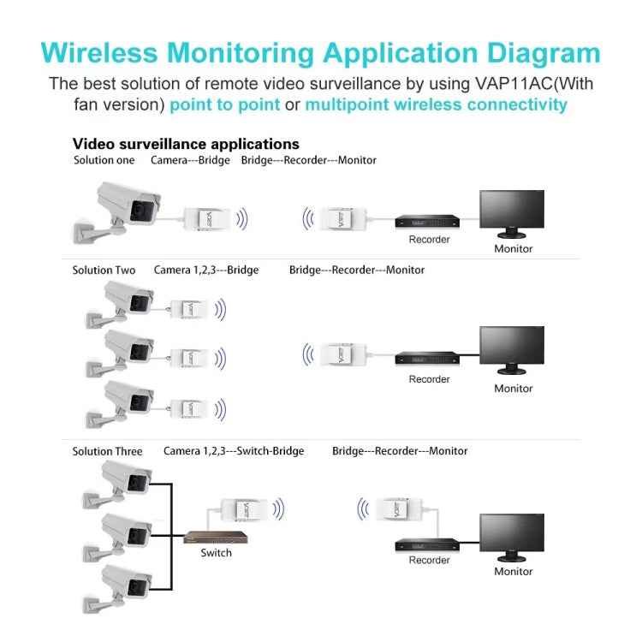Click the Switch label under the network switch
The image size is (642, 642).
coord(216,553)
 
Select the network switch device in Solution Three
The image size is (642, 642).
coord(216,538)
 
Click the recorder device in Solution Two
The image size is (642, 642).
coord(427,359)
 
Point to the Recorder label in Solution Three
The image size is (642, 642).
coord(429,560)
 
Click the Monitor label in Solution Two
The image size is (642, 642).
coord(513,389)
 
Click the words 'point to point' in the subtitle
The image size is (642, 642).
coord(224,105)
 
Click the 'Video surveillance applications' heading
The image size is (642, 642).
coord(186,144)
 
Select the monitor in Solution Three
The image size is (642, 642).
coord(512,536)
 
